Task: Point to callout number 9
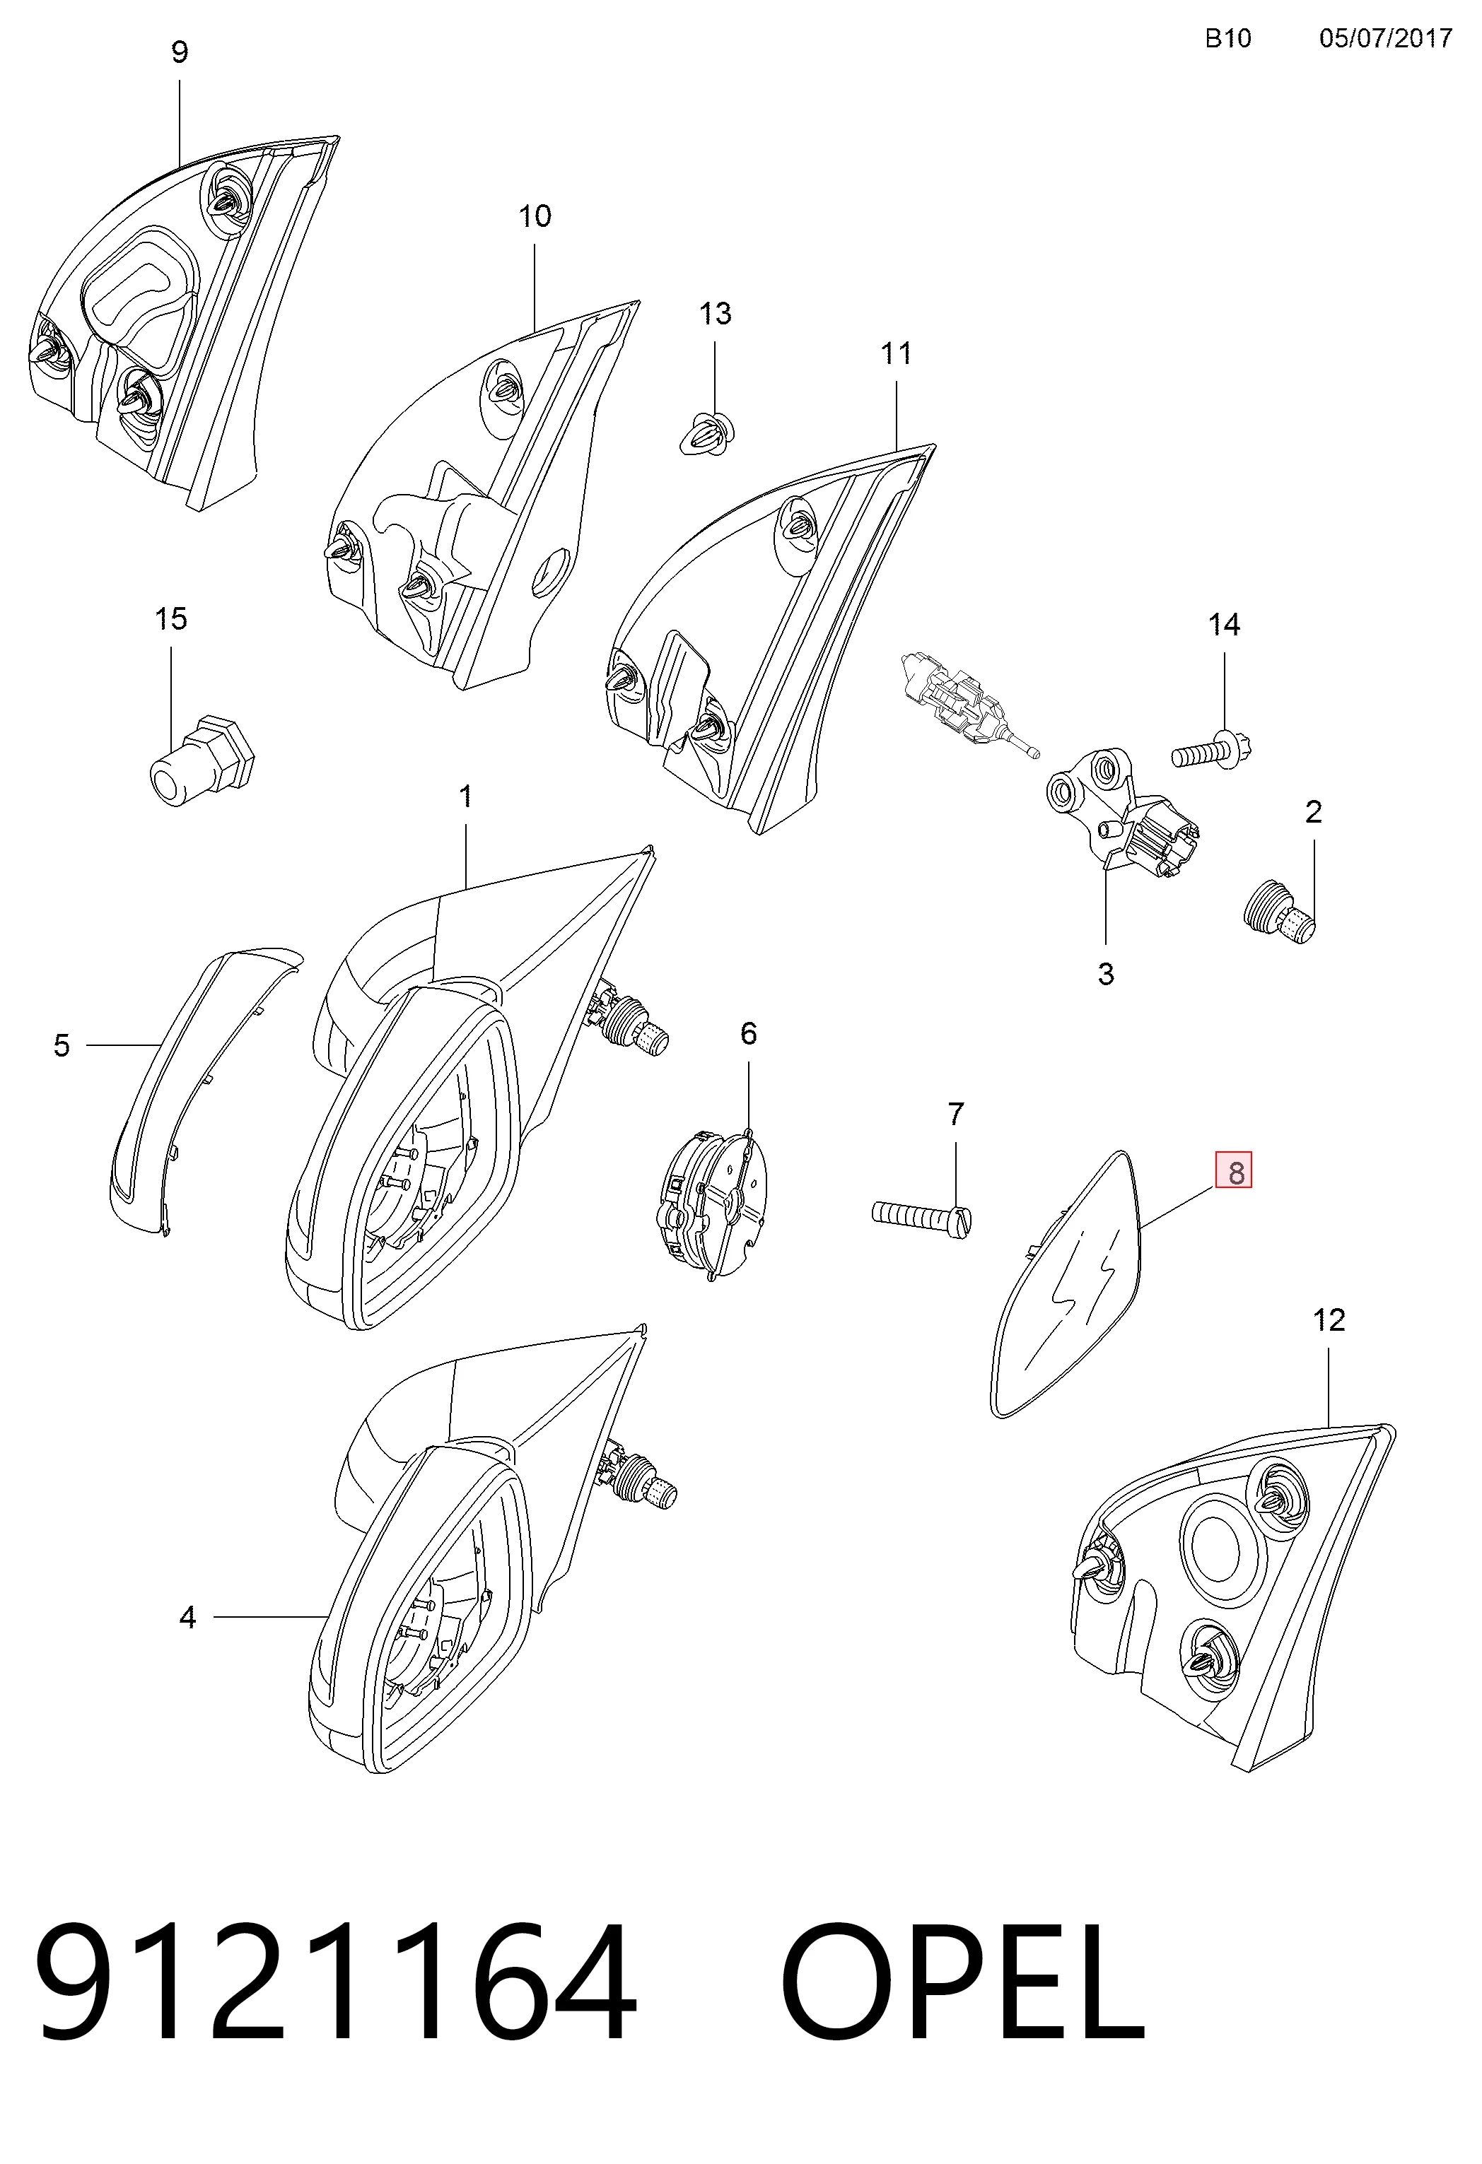tap(180, 52)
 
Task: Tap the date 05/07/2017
tap(1385, 38)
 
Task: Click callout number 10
tap(535, 216)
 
